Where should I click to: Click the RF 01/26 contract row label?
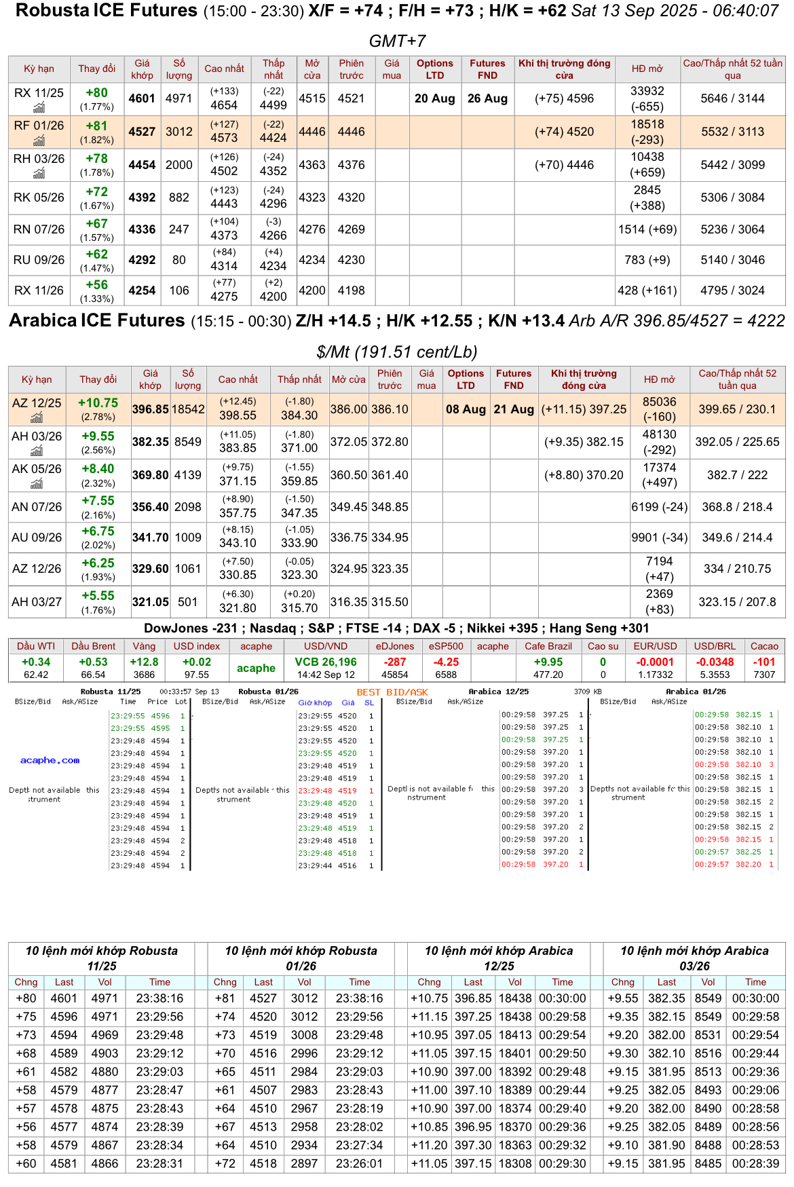[39, 126]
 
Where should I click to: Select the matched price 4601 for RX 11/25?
[142, 98]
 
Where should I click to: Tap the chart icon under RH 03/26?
[39, 174]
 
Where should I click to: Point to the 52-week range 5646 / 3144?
[732, 98]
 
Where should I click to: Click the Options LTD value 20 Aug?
[434, 98]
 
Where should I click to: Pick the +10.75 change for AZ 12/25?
[98, 403]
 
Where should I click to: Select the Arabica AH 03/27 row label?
[37, 602]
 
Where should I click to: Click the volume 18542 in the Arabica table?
[188, 409]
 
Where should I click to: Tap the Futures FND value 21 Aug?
[514, 409]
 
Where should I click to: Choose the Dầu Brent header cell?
[93, 646]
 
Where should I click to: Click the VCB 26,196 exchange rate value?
[326, 662]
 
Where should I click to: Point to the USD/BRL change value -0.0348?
[715, 662]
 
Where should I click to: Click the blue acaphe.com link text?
[50, 760]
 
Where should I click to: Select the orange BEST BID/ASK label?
[392, 692]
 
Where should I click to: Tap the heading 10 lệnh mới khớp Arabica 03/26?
[694, 958]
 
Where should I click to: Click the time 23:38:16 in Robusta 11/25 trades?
[159, 998]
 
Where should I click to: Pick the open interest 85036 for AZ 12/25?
[659, 402]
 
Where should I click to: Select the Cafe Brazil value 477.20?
[548, 675]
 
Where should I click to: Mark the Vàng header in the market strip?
[144, 646]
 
